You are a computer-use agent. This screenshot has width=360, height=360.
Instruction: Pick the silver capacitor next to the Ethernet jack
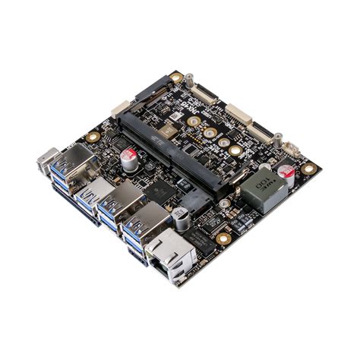(183, 219)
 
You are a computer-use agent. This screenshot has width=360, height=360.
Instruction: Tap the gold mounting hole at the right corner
(307, 169)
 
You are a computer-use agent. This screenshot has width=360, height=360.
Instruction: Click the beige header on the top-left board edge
(121, 112)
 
